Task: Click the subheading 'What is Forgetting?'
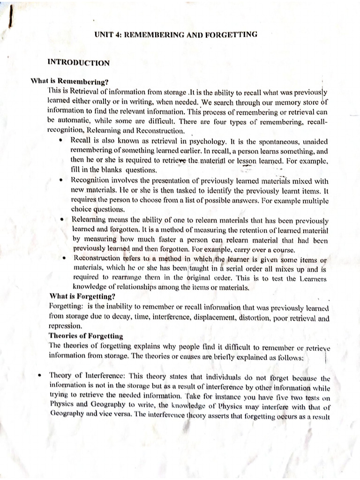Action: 82,296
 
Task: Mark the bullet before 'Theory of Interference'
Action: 40,375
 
